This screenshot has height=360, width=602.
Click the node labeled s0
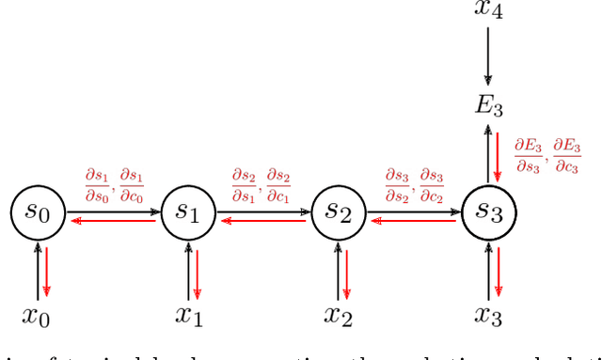[x=38, y=213]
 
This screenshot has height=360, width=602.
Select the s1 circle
[x=188, y=213]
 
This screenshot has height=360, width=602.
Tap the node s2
[x=338, y=213]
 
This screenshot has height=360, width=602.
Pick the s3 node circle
[x=488, y=213]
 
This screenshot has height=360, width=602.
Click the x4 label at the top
[x=488, y=10]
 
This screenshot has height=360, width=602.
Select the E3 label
[x=488, y=105]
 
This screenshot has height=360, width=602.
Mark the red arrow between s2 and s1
[x=263, y=221]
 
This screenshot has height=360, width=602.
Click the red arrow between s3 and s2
[x=413, y=221]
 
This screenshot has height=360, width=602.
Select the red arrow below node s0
[x=46, y=271]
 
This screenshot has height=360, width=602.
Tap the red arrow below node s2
[x=346, y=271]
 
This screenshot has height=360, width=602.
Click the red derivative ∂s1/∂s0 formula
[x=95, y=184]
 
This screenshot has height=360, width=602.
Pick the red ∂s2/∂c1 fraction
[x=278, y=184]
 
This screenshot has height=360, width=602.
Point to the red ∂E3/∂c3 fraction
[x=567, y=156]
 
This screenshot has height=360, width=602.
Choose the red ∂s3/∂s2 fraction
[x=396, y=184]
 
